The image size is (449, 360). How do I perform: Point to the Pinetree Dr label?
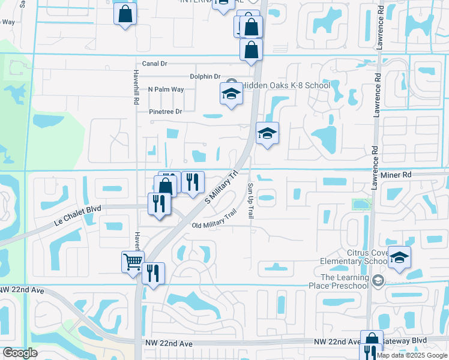point(166,112)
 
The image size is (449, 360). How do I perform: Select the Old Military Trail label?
point(214,225)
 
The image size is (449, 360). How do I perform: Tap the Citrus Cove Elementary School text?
point(353,257)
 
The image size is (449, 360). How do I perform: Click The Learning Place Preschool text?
point(344,281)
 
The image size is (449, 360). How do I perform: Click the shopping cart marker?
point(133,262)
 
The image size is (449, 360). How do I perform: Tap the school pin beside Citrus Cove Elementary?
point(399,257)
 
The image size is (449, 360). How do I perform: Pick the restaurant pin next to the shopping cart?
point(153,274)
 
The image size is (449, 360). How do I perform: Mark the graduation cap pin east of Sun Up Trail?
point(267,133)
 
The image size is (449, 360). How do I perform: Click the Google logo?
point(20,353)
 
